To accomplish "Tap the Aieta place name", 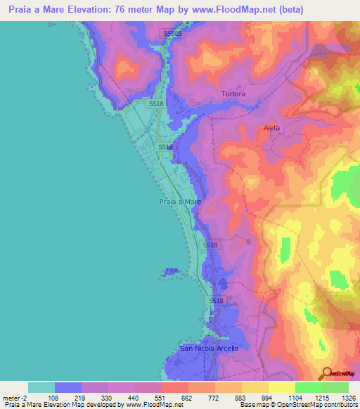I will (x=271, y=128).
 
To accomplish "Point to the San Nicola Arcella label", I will (x=210, y=348).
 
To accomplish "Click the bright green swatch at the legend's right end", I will (x=335, y=387).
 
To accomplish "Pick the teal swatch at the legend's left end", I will (x=41, y=387).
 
